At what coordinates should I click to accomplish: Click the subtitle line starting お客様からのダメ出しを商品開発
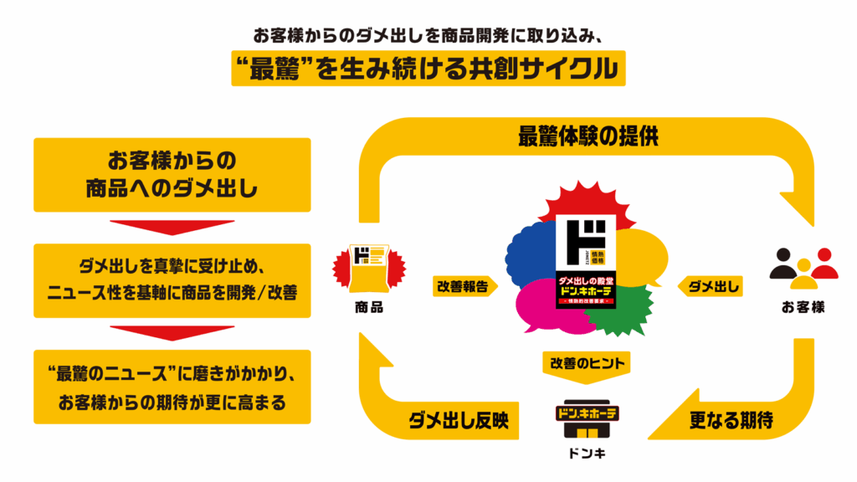coord(428,36)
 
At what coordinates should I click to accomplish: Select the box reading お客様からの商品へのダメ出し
coord(172,174)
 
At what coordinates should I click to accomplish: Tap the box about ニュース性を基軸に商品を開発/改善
coord(172,280)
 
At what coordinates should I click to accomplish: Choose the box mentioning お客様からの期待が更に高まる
coord(172,387)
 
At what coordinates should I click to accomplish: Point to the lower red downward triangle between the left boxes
coord(172,333)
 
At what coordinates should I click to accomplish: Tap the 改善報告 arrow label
coord(464,286)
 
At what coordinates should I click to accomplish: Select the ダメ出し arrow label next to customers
coord(713,286)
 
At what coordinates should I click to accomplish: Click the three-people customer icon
coord(803,264)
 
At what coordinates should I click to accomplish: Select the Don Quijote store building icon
coord(586,422)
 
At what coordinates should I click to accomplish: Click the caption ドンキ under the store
coord(586,457)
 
